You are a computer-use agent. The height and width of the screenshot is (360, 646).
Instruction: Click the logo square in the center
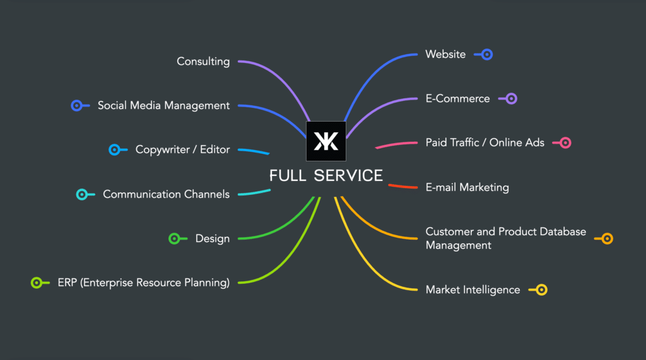pyautogui.click(x=326, y=141)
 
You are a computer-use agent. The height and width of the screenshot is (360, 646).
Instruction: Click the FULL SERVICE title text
pyautogui.click(x=326, y=175)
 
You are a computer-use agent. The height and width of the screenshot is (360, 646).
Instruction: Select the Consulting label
pyautogui.click(x=203, y=61)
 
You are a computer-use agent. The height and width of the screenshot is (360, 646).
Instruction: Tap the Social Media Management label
pyautogui.click(x=163, y=105)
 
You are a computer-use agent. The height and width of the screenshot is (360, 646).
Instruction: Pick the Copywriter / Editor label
pyautogui.click(x=182, y=149)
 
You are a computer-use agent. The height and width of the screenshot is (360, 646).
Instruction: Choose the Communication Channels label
pyautogui.click(x=166, y=194)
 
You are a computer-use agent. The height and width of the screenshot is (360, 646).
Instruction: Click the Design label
pyautogui.click(x=212, y=238)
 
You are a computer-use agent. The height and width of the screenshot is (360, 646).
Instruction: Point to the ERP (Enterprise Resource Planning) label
pyautogui.click(x=143, y=282)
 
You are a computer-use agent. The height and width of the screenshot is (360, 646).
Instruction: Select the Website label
pyautogui.click(x=445, y=54)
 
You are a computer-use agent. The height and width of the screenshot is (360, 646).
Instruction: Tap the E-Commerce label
pyautogui.click(x=457, y=98)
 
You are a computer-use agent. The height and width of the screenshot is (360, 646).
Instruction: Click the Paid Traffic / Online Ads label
pyautogui.click(x=484, y=142)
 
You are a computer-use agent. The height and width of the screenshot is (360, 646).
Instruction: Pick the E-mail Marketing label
pyautogui.click(x=467, y=187)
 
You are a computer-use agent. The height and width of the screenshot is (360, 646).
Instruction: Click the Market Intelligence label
pyautogui.click(x=473, y=289)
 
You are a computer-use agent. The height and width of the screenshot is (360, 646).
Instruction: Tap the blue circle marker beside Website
pyautogui.click(x=487, y=54)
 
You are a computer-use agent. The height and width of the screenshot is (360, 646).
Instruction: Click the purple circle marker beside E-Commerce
pyautogui.click(x=512, y=98)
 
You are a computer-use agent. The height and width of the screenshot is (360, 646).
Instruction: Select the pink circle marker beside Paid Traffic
pyautogui.click(x=566, y=142)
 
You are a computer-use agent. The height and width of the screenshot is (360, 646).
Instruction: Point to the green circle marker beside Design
pyautogui.click(x=174, y=238)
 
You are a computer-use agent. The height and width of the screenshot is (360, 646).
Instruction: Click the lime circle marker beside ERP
pyautogui.click(x=36, y=282)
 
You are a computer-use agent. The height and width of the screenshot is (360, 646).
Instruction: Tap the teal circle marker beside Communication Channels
pyautogui.click(x=81, y=194)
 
